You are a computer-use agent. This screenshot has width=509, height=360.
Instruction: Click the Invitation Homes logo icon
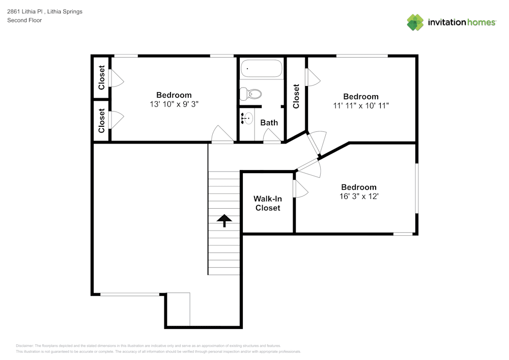[415, 22]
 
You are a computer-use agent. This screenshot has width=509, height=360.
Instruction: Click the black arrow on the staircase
[224, 220]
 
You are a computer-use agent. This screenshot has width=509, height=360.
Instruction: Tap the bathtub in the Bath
[261, 68]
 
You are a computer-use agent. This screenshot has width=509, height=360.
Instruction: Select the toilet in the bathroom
[251, 94]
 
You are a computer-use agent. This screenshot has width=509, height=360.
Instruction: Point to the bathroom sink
[246, 119]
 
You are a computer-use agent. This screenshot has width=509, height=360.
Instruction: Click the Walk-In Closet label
[268, 203]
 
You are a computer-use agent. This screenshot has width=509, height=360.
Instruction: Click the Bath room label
[269, 122]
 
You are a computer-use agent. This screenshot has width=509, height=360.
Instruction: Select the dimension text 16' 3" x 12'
[359, 196]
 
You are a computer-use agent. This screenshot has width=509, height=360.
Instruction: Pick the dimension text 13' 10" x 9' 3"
[174, 104]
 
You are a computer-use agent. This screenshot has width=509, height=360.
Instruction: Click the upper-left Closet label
[101, 77]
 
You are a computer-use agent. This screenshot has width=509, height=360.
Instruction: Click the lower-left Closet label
[101, 121]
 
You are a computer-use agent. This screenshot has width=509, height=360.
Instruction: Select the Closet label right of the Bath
[296, 96]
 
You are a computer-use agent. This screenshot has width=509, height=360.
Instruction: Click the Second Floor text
[24, 20]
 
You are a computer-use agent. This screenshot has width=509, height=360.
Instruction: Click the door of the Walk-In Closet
[301, 189]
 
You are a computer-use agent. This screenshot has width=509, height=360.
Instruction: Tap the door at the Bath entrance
[272, 136]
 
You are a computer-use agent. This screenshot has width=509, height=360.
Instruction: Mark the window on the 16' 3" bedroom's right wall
[417, 188]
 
